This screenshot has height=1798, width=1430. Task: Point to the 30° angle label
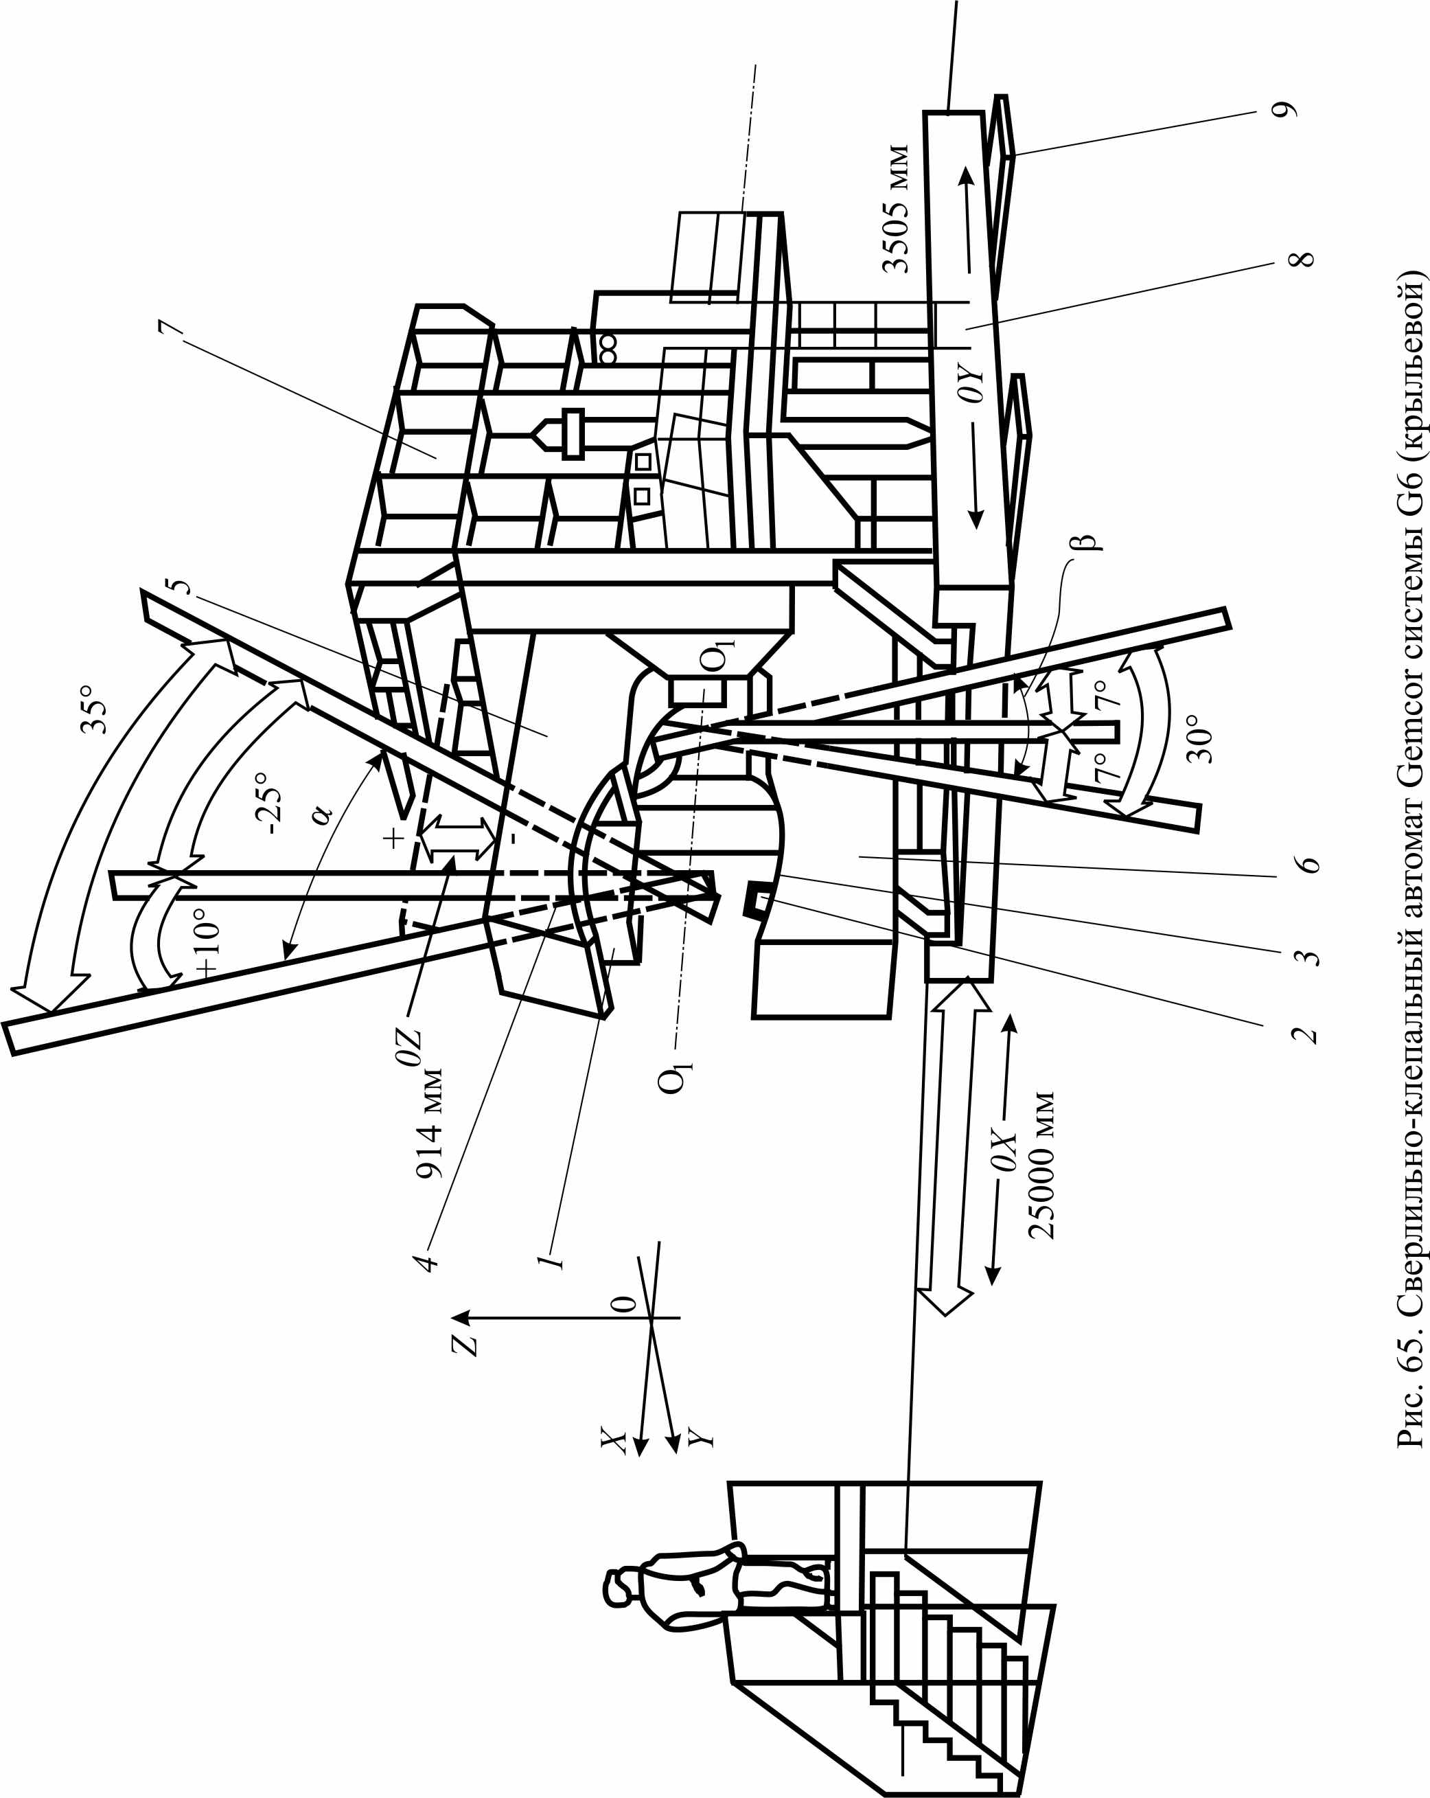click(x=1200, y=738)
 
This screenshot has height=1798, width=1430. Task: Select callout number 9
click(x=1285, y=109)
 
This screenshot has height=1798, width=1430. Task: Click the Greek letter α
click(x=322, y=813)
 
